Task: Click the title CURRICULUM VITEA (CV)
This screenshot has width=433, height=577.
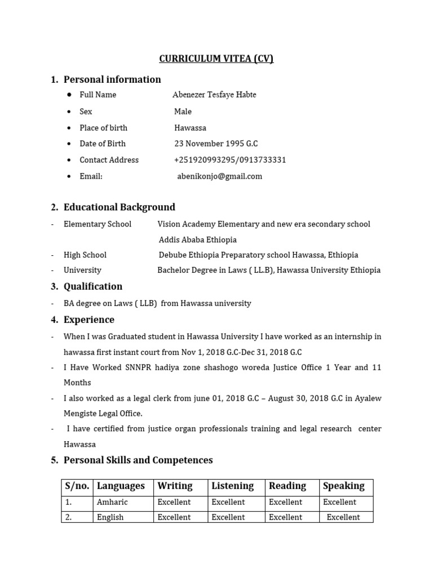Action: (216, 59)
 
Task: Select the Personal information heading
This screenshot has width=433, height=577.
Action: (112, 79)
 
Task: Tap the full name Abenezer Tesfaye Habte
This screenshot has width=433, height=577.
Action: (214, 95)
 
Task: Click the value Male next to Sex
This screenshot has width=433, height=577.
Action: (183, 112)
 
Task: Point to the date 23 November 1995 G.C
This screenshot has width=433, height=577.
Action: (216, 144)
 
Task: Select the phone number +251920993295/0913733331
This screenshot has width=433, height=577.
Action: (230, 160)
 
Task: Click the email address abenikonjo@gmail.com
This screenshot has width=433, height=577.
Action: (220, 176)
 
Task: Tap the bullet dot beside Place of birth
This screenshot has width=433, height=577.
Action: (69, 128)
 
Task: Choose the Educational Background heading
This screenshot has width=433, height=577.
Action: (119, 207)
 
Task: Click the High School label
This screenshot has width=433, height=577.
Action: (85, 255)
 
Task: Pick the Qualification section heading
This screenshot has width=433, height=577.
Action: (93, 286)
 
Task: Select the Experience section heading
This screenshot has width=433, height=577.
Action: (89, 319)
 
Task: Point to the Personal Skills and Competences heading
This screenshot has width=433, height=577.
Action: (138, 460)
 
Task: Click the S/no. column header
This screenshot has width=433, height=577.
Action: (77, 486)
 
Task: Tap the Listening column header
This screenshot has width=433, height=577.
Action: (233, 486)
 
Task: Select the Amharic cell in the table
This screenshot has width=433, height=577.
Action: (112, 502)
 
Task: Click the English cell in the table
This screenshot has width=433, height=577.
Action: (111, 517)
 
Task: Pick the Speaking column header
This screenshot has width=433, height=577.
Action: (344, 486)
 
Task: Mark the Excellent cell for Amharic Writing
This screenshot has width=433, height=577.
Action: (174, 502)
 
